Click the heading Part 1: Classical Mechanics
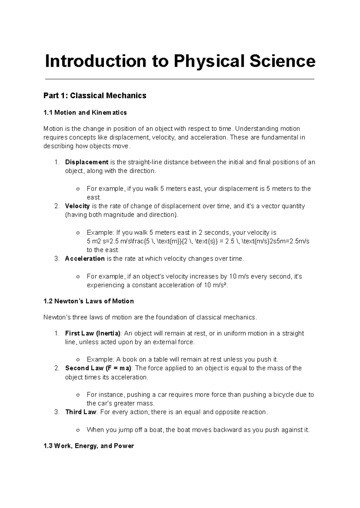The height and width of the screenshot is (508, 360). click(x=95, y=96)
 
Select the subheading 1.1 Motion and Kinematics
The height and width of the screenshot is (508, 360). click(x=85, y=113)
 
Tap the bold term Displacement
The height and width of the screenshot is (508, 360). click(x=87, y=162)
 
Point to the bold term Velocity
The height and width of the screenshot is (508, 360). click(x=77, y=206)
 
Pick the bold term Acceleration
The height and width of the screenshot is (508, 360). click(x=85, y=258)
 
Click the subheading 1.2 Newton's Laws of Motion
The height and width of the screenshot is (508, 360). click(x=88, y=301)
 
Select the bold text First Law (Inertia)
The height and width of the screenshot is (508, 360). click(x=93, y=333)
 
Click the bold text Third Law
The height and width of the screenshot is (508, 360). click(x=80, y=412)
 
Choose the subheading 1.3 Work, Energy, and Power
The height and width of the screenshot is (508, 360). click(x=88, y=446)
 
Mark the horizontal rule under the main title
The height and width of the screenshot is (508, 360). click(x=179, y=79)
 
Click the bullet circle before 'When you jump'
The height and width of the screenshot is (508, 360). click(x=78, y=430)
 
